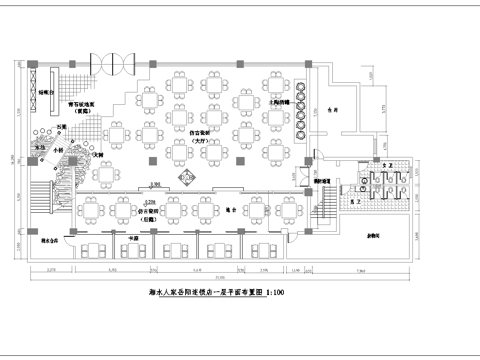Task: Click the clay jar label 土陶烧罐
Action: pyautogui.click(x=279, y=101)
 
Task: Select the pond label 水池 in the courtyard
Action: pyautogui.click(x=41, y=146)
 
